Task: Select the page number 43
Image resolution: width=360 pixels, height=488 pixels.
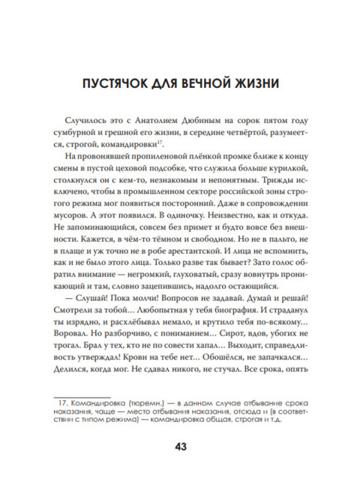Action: click(x=180, y=447)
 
